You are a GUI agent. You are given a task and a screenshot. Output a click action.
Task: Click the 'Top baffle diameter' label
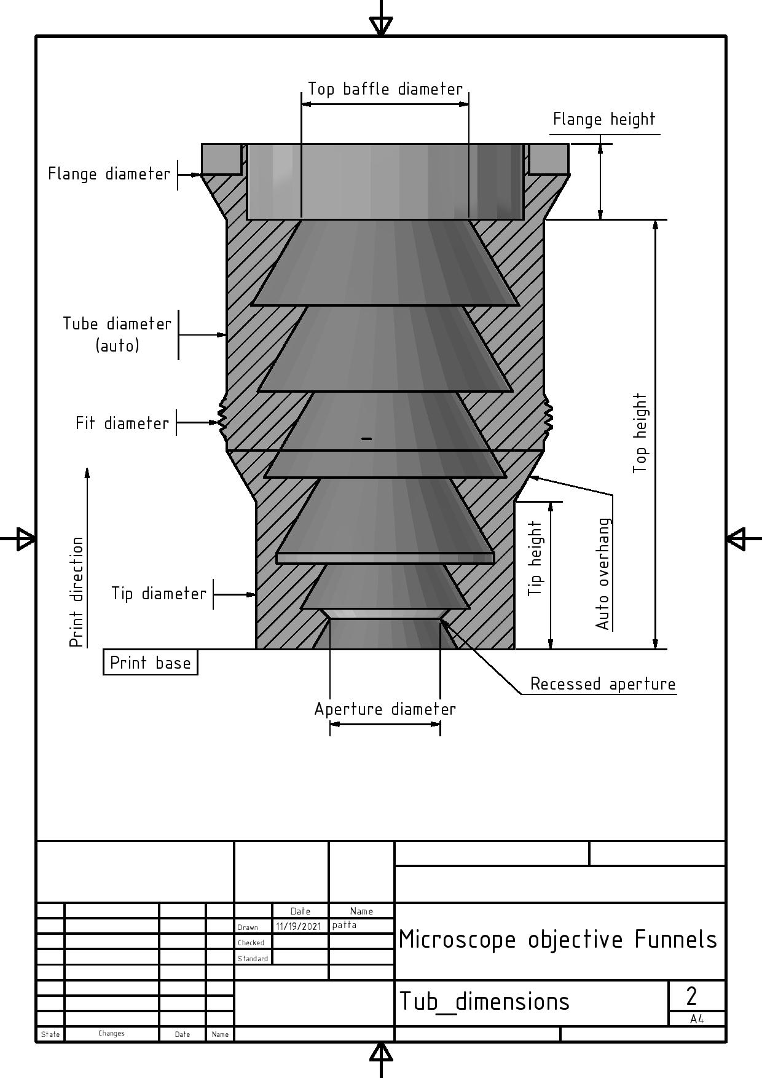(x=385, y=89)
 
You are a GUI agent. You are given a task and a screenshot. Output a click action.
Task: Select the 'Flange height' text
(x=604, y=119)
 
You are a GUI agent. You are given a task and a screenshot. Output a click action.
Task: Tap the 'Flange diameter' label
(x=109, y=174)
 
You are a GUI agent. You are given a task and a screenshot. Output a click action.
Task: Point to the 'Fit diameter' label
(x=122, y=423)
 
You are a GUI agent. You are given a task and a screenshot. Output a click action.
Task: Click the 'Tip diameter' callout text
(x=159, y=594)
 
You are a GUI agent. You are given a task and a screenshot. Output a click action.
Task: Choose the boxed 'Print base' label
(x=150, y=663)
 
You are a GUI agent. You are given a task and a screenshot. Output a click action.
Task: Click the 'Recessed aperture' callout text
(x=602, y=684)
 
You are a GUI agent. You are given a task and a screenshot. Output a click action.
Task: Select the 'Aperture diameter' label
(x=385, y=709)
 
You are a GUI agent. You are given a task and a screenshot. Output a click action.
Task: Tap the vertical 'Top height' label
(x=640, y=433)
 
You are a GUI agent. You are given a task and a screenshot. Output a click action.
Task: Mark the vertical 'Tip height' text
(x=536, y=558)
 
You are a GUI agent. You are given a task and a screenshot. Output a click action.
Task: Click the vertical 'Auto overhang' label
(x=603, y=574)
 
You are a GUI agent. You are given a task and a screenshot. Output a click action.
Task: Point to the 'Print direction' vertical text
(x=76, y=592)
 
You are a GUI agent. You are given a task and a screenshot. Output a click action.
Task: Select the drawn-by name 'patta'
(x=344, y=925)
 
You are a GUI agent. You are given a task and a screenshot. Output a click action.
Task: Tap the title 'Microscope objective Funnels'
(x=557, y=940)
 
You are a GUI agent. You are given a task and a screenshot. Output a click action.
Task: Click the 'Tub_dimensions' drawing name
(x=484, y=1002)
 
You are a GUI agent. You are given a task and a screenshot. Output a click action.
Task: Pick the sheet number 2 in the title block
(x=691, y=996)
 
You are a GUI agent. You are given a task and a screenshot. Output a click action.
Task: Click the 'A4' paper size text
(x=696, y=1019)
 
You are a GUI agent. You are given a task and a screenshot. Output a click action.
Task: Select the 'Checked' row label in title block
(x=251, y=943)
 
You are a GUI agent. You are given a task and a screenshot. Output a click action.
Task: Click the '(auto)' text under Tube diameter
(x=117, y=346)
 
